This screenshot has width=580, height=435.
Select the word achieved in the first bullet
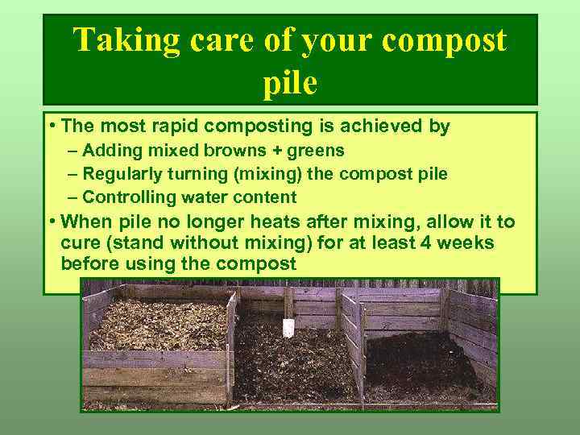point(383,126)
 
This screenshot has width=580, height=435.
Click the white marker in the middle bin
point(289,327)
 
